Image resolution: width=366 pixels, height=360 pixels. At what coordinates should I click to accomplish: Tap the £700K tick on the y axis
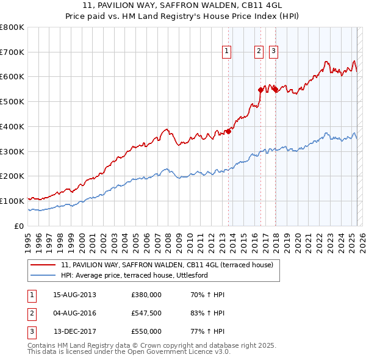tap(12, 52)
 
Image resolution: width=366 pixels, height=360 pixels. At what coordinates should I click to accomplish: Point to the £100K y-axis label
tap(12, 201)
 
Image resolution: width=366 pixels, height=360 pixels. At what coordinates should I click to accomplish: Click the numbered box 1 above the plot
tap(227, 52)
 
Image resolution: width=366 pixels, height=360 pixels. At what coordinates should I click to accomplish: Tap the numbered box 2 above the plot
tap(259, 52)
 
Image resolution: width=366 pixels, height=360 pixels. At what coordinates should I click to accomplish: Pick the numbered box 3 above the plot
tap(273, 52)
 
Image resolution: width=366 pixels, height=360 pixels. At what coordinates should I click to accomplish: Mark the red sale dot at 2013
tap(229, 131)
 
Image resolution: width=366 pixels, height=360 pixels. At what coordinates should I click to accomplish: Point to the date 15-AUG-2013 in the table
tap(74, 295)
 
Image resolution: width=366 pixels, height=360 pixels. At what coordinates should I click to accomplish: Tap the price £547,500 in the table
tap(146, 313)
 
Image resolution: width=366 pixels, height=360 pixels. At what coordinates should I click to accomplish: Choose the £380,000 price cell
tap(146, 295)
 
